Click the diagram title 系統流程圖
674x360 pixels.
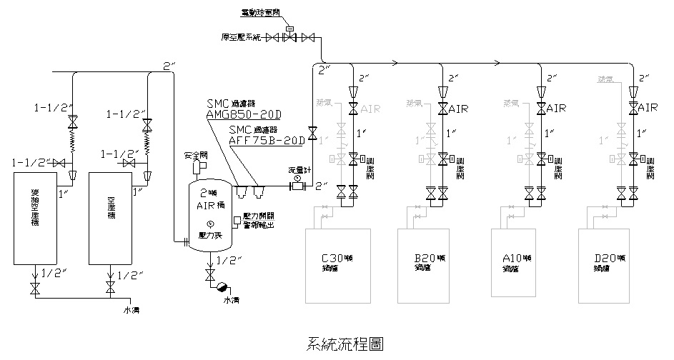343,344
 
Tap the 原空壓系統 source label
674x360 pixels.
242,36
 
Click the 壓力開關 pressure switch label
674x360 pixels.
259,215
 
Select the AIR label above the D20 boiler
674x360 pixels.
648,108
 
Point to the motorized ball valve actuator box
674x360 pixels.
289,29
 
